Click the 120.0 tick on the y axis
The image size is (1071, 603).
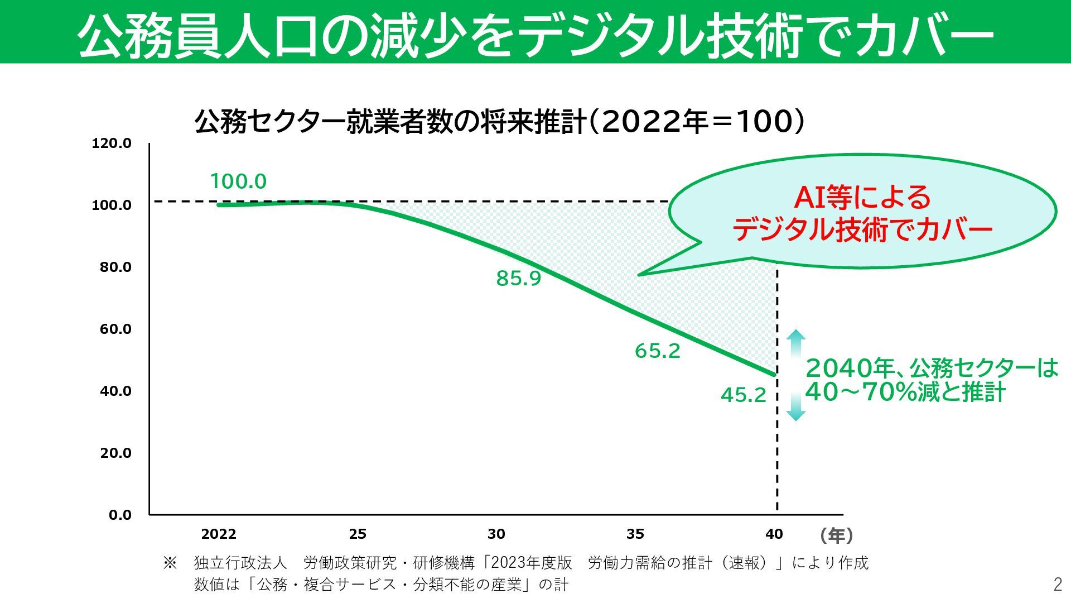coord(112,143)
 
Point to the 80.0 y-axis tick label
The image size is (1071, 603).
coord(115,267)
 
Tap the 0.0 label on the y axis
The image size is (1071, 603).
coord(120,515)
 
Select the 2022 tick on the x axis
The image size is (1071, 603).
coord(219,534)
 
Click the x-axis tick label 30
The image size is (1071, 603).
coord(496,534)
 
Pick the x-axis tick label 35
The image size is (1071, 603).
coord(635,534)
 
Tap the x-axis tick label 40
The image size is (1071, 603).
coord(774,534)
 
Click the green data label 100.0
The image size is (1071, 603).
coord(238,181)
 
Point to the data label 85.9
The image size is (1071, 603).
coord(519,278)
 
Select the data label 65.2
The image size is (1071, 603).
coord(658,351)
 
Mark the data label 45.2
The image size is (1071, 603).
coord(744,395)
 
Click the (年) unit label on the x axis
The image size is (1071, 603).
coord(836,535)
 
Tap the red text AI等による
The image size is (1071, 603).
coord(862,197)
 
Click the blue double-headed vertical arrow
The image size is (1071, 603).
coord(795,375)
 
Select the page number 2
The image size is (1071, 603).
coord(1058,584)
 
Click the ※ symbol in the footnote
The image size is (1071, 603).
coord(170,562)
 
